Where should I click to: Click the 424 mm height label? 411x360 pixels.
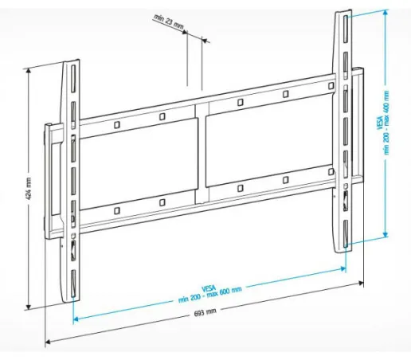29,189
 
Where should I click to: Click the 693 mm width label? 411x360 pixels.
205,312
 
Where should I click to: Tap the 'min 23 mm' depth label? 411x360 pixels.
169,22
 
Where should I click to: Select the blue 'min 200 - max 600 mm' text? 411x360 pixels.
209,295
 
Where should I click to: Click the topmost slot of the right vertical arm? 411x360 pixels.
346,29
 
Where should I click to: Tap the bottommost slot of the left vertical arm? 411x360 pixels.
73,284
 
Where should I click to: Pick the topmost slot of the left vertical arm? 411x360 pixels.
73,78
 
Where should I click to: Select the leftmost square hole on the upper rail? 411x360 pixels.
117,125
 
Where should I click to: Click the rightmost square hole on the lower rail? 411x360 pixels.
331,172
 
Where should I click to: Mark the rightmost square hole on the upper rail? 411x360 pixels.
331,86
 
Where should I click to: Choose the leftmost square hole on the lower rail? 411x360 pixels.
117,211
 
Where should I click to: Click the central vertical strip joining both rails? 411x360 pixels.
202,154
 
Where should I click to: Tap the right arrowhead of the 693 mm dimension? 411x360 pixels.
361,283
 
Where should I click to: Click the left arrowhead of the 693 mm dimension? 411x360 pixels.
48,342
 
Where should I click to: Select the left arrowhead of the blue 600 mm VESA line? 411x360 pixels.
76,319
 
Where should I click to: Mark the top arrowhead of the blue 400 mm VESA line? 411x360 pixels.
386,13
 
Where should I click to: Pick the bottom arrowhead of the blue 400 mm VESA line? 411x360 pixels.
386,234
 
